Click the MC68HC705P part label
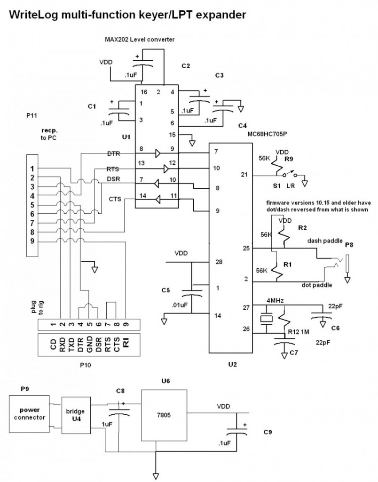[267, 133]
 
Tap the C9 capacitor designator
[268, 431]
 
